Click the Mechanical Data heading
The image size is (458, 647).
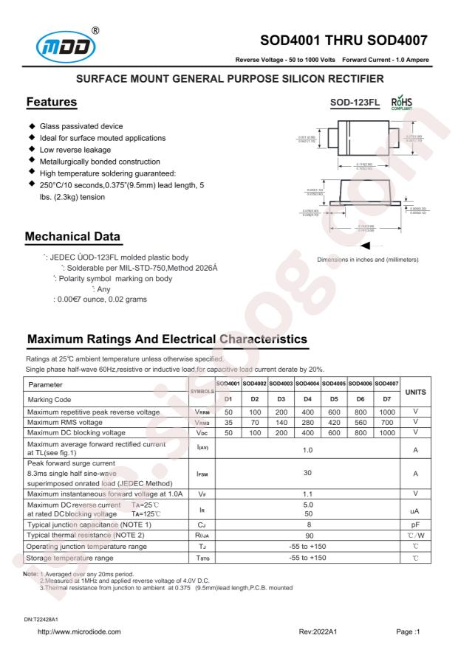(x=73, y=237)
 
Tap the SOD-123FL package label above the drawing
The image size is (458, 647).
(x=346, y=105)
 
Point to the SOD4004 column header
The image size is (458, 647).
(x=307, y=384)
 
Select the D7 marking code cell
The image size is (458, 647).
(x=386, y=398)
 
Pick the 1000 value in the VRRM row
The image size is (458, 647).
(x=386, y=411)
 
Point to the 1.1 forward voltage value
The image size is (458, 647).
(x=307, y=492)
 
